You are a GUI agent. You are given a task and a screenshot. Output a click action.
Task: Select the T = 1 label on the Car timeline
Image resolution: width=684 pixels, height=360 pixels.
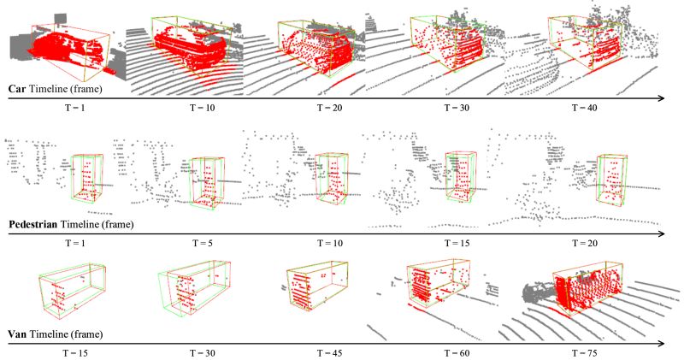click(78, 109)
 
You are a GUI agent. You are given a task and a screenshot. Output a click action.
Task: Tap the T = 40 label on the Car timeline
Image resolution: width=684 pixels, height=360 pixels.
click(579, 109)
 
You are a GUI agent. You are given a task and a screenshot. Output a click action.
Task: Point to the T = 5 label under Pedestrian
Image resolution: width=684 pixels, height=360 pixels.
click(204, 244)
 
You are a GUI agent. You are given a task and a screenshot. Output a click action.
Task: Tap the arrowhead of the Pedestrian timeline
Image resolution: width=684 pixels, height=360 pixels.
click(661, 233)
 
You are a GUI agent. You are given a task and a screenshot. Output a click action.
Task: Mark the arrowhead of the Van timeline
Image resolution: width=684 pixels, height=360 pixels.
click(661, 343)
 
